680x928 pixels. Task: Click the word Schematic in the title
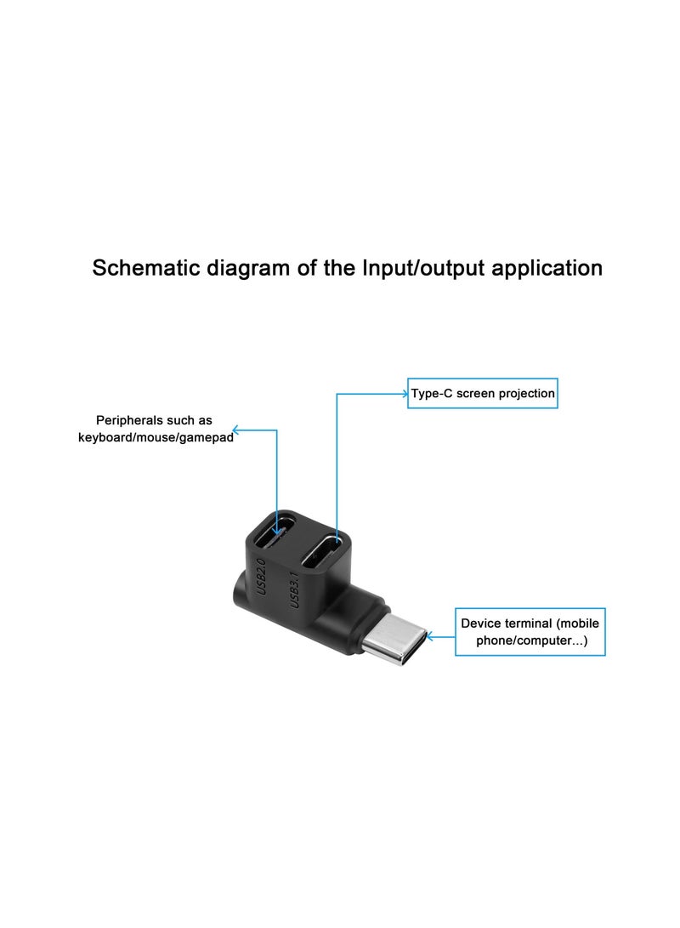tap(145, 268)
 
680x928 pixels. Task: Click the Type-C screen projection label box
tap(483, 393)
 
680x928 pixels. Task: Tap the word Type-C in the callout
tap(432, 394)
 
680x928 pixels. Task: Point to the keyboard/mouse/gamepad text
tap(156, 438)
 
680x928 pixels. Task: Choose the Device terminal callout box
tap(530, 632)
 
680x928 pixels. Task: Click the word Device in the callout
tap(480, 623)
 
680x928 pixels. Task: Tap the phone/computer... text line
tap(530, 640)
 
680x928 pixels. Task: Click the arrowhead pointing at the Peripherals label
tap(236, 430)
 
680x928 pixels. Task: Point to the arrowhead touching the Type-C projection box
tap(405, 394)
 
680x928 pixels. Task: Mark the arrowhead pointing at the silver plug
tap(429, 635)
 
